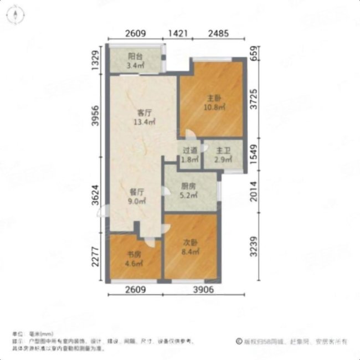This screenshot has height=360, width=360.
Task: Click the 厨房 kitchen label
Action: click(188, 187)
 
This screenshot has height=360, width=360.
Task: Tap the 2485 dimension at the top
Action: click(219, 34)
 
